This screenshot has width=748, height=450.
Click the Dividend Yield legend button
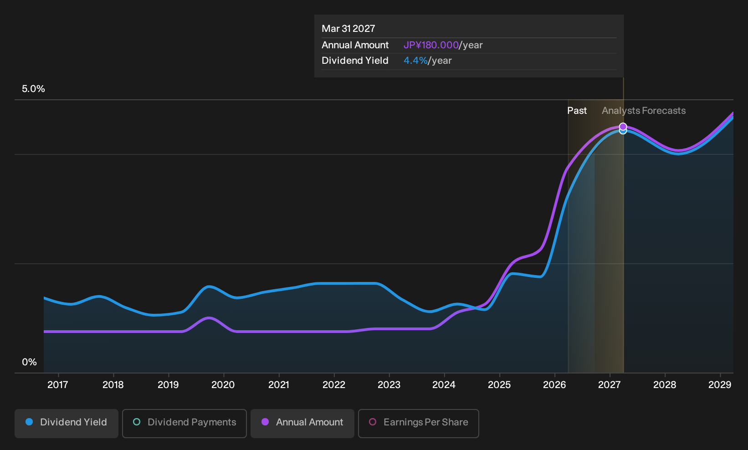(x=67, y=423)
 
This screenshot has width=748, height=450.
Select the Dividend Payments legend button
(x=184, y=423)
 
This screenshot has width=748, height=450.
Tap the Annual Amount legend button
(x=302, y=423)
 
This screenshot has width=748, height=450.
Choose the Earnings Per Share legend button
(x=418, y=423)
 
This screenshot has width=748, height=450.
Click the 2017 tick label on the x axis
(x=58, y=385)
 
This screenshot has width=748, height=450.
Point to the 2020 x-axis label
(x=223, y=385)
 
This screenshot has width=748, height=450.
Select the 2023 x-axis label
(x=389, y=385)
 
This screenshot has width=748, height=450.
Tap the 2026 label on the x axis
(x=554, y=385)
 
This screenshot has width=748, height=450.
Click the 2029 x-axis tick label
(x=720, y=385)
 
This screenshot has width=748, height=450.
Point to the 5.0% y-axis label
(x=33, y=89)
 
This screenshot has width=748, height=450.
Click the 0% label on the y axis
(x=30, y=362)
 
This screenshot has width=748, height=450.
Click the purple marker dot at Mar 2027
(x=623, y=127)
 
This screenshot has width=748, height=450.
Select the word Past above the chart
(x=577, y=111)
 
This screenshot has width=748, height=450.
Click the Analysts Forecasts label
(x=644, y=111)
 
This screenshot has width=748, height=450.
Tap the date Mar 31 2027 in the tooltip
(x=348, y=29)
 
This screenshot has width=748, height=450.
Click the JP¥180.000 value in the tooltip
(x=431, y=45)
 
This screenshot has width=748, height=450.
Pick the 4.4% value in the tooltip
(x=415, y=61)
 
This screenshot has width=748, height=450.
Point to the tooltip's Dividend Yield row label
(x=355, y=61)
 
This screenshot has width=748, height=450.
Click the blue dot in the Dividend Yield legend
(x=30, y=422)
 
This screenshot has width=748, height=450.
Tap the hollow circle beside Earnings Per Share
(x=373, y=422)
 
